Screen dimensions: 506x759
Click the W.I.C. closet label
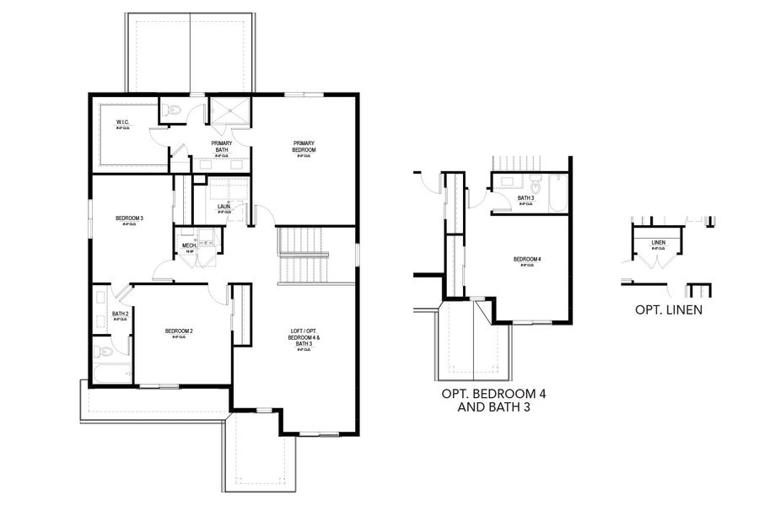click(123, 123)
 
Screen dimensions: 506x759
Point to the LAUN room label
click(223, 206)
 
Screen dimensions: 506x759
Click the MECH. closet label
click(189, 246)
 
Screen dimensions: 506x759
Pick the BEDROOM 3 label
click(129, 219)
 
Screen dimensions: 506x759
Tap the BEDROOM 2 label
click(179, 331)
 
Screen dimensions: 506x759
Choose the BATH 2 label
click(120, 315)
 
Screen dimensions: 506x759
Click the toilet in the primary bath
click(171, 110)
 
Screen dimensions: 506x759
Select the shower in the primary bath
click(225, 112)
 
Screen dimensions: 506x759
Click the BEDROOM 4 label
click(527, 259)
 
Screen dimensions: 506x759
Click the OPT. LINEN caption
click(669, 310)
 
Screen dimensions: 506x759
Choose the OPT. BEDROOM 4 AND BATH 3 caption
click(487, 401)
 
